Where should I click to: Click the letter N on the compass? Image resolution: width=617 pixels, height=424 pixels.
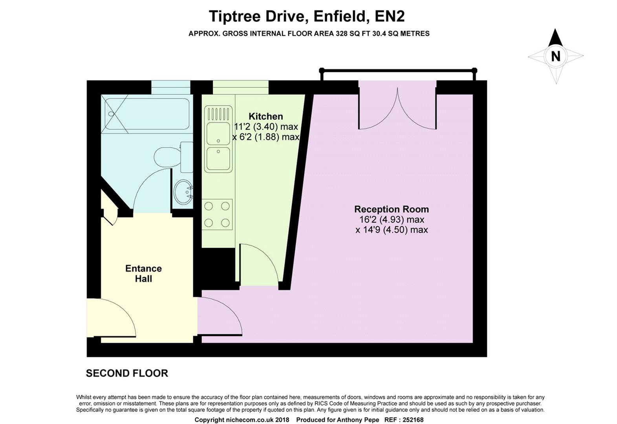(556, 57)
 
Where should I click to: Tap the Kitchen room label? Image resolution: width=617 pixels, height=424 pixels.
(265, 116)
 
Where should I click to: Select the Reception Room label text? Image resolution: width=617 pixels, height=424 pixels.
(392, 209)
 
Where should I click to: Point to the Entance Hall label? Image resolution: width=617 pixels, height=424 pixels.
(143, 273)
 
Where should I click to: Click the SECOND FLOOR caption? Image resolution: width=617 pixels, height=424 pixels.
(127, 373)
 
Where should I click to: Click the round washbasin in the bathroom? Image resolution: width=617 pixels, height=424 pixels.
(183, 192)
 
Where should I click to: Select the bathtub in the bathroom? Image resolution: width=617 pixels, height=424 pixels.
(147, 114)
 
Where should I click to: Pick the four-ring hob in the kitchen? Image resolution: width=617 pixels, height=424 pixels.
(217, 214)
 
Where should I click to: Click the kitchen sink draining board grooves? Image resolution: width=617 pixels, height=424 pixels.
(218, 114)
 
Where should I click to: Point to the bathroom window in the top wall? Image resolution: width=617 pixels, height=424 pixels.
(171, 87)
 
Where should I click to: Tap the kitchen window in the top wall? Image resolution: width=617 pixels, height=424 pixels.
(241, 87)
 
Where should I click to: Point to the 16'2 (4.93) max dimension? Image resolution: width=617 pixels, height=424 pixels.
(392, 220)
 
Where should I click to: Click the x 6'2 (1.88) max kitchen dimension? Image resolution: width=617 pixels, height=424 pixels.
(265, 137)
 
